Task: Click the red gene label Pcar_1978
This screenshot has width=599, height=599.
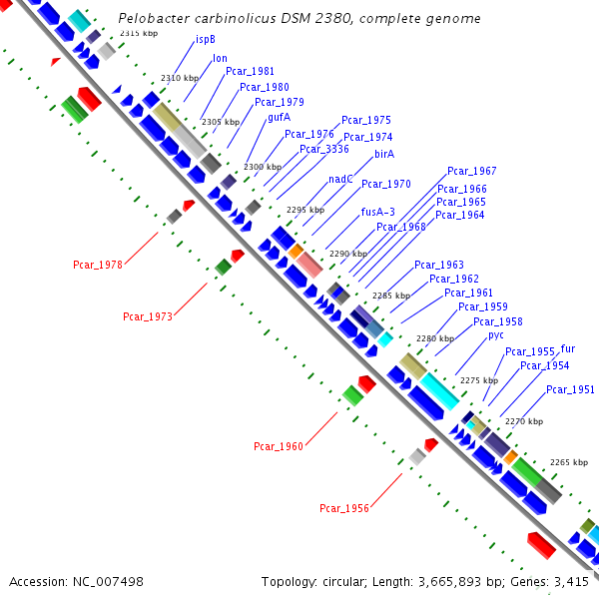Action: (x=98, y=265)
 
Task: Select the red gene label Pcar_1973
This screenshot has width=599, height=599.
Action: (x=148, y=316)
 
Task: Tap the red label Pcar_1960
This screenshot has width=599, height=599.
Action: (x=279, y=446)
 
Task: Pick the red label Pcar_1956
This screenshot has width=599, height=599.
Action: (x=344, y=508)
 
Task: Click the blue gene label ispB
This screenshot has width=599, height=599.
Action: (x=206, y=40)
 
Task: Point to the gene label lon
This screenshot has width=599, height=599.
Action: (x=220, y=58)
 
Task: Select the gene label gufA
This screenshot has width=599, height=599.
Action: (x=280, y=117)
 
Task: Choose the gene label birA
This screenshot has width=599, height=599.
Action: (x=384, y=154)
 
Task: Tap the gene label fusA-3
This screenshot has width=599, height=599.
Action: (x=378, y=212)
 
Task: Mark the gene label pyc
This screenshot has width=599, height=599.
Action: (x=496, y=335)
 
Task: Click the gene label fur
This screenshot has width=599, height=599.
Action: (x=568, y=348)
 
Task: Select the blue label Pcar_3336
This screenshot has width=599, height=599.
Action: (x=324, y=149)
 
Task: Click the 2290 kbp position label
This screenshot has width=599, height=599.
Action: (x=348, y=254)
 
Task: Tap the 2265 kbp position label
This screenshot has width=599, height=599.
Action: (x=569, y=462)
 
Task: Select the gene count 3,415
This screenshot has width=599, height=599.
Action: (x=572, y=581)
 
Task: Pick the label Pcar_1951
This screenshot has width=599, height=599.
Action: (x=570, y=389)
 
